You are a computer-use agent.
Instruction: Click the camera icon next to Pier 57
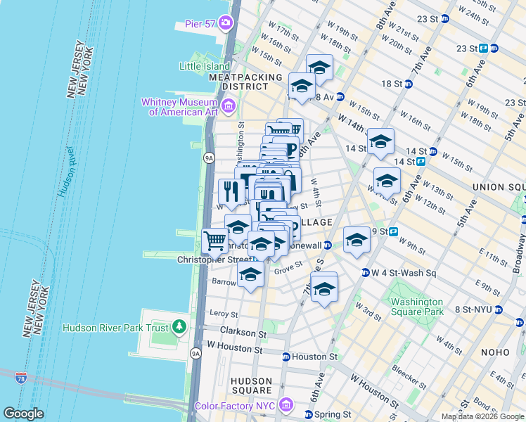225,23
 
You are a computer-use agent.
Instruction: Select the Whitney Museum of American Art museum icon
228,107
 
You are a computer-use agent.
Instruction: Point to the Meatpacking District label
239,81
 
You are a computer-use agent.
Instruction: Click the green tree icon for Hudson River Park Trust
179,327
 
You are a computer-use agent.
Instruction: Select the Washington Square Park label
417,307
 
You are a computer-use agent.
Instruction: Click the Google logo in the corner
24,414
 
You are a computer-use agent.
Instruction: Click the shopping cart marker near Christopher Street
214,241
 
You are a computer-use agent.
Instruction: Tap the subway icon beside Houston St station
286,357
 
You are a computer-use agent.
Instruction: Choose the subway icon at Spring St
307,414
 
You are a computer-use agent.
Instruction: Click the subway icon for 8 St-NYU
499,309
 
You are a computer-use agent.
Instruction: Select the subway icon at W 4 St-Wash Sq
365,273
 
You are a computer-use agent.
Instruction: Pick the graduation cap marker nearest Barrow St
250,275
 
